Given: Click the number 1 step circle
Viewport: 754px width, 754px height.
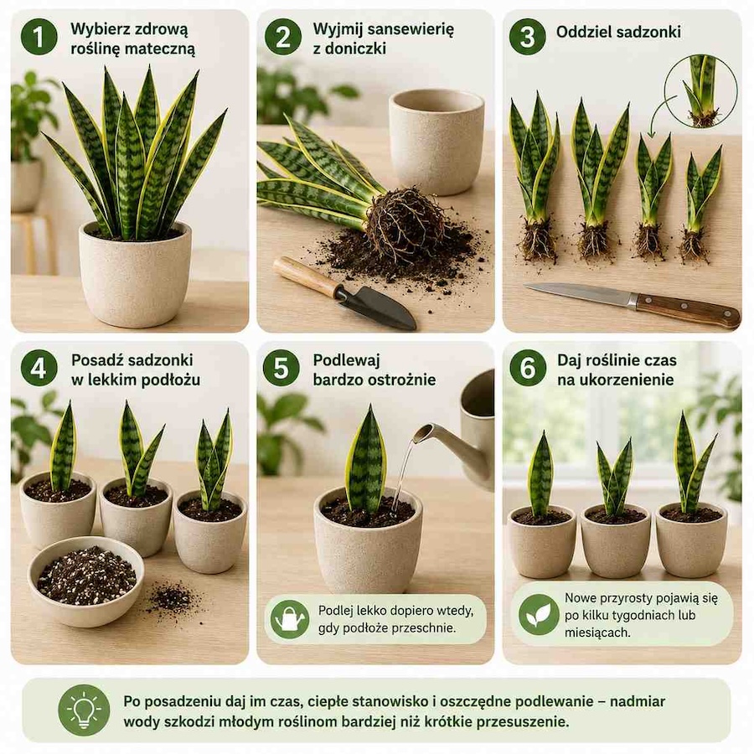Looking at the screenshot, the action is [x=39, y=37].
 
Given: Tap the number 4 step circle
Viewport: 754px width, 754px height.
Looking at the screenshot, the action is [x=39, y=368].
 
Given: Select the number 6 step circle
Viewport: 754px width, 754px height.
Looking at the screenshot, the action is [x=528, y=368].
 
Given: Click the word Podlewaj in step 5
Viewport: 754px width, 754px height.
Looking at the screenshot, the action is [x=346, y=359].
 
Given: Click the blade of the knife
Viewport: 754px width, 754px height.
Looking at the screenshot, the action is [x=581, y=293].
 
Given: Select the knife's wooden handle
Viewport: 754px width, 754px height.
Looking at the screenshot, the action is [x=688, y=311].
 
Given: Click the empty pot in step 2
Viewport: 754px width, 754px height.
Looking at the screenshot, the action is [x=436, y=142].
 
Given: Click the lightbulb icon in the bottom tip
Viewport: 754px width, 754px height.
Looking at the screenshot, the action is [x=84, y=710].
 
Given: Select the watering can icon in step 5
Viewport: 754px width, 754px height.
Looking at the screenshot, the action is [x=290, y=619].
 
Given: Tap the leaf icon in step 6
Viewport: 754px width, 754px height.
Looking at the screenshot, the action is [x=539, y=615].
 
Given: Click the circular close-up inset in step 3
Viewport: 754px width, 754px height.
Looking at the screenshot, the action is [x=700, y=90].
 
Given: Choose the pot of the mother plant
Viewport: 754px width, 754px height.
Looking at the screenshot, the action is [x=135, y=274].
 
